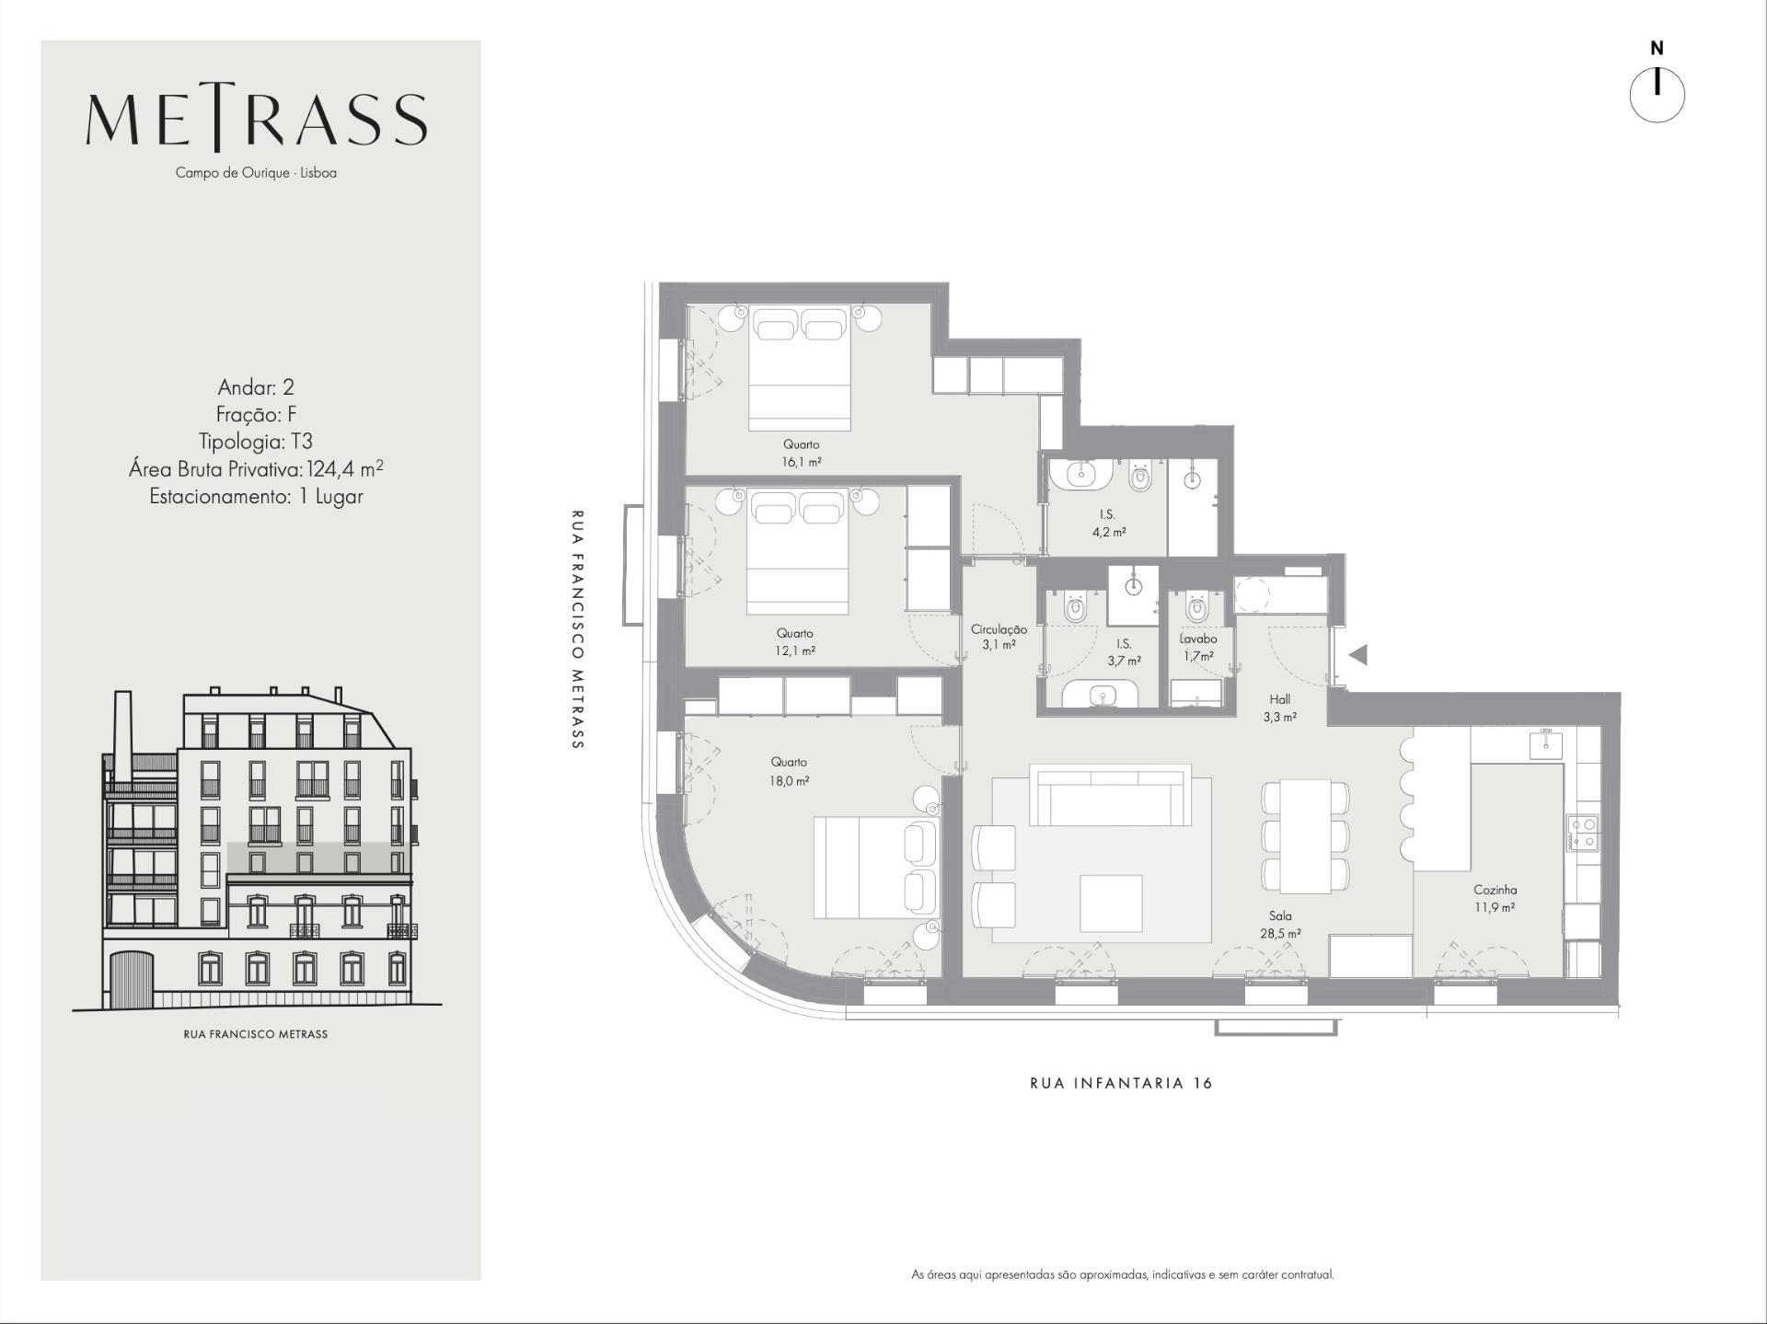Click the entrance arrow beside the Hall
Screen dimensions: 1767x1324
(x=1357, y=654)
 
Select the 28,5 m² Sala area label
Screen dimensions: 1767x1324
(x=1280, y=933)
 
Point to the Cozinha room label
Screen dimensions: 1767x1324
(x=1495, y=890)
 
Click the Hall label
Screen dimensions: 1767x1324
(x=1279, y=699)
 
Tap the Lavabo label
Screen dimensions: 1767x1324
(x=1198, y=639)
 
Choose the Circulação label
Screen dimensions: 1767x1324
(x=999, y=629)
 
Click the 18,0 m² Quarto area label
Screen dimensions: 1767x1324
(x=790, y=781)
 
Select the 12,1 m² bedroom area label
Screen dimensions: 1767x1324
(x=795, y=650)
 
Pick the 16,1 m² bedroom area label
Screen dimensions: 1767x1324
(x=802, y=462)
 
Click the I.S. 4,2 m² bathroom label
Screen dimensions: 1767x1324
(x=1108, y=523)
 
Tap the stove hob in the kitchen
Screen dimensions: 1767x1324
(x=1583, y=833)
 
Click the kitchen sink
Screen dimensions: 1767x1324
(x=1546, y=743)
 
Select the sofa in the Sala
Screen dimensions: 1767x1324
(x=1110, y=794)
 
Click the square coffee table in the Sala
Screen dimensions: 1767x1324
(x=1111, y=904)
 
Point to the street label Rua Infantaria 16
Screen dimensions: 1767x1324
(x=1121, y=1083)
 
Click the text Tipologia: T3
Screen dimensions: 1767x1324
(x=256, y=442)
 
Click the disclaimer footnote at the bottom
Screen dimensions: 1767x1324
(x=1122, y=1274)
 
